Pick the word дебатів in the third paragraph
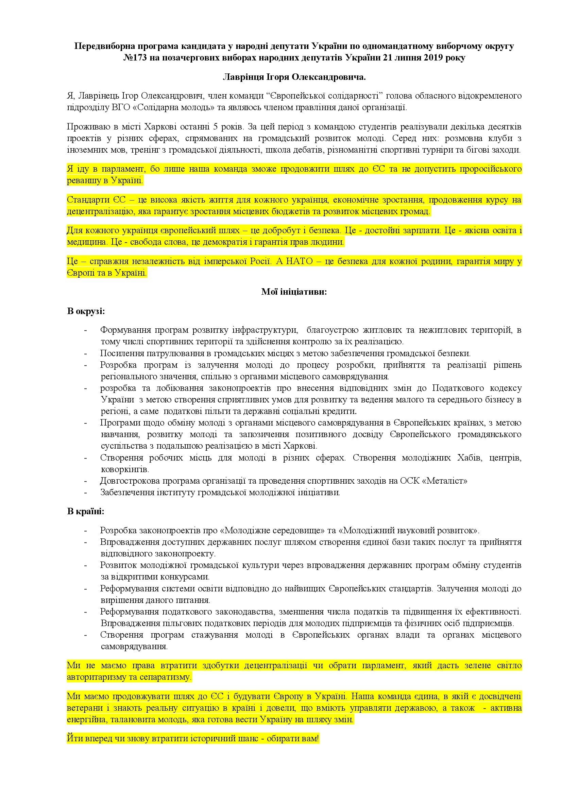tap(342, 150)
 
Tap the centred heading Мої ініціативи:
tap(294, 292)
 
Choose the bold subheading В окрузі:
tap(86, 311)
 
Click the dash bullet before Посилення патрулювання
tap(86, 353)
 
